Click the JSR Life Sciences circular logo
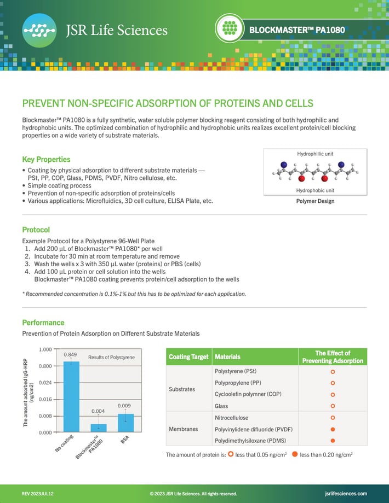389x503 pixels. tap(39, 30)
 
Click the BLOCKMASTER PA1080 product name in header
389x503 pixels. tap(297, 30)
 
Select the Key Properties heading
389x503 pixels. tap(46, 160)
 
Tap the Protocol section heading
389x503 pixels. tap(36, 230)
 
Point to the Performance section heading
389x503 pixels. tap(43, 323)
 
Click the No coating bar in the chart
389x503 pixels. tap(71, 396)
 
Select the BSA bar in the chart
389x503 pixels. tap(126, 423)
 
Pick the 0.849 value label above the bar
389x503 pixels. tap(70, 355)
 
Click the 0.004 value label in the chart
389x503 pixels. tap(98, 411)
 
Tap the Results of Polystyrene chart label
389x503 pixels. tap(111, 358)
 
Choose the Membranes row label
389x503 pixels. tap(184, 429)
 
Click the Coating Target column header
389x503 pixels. tap(188, 357)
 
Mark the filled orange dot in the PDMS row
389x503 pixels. tap(333, 441)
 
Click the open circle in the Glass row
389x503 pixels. tap(333, 406)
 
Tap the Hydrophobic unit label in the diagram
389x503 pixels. tap(315, 190)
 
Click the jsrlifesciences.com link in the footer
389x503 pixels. tap(346, 494)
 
